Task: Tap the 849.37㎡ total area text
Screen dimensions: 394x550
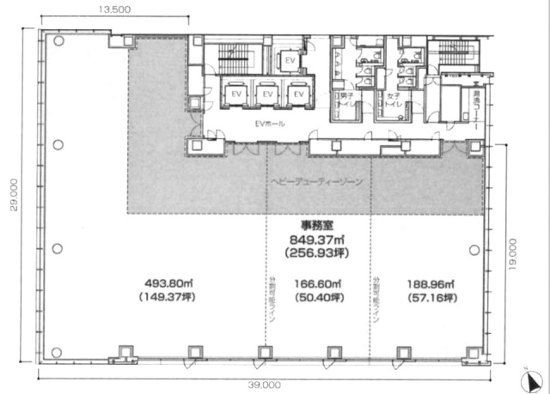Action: coord(317,240)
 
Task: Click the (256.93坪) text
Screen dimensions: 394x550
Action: coord(317,253)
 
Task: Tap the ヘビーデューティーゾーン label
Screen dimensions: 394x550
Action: coord(317,183)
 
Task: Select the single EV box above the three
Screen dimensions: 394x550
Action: coord(290,61)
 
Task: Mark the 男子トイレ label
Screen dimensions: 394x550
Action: coord(344,100)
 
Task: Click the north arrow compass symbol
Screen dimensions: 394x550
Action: coord(534,379)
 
